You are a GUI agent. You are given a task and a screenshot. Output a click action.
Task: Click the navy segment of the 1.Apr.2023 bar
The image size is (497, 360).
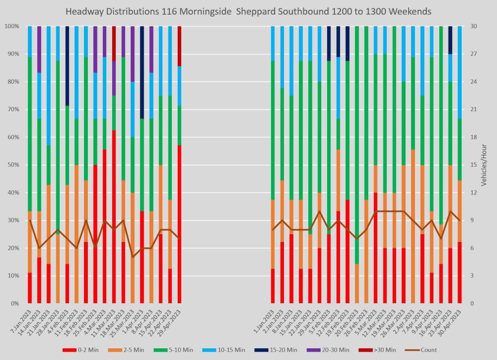pos(142,72)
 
